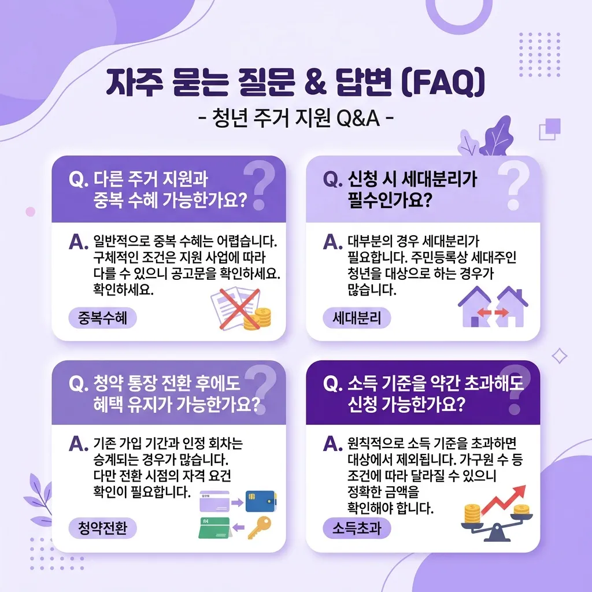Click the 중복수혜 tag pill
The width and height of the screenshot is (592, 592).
[102, 317]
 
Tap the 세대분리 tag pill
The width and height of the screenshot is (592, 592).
[357, 317]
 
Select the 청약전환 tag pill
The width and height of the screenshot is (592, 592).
[102, 527]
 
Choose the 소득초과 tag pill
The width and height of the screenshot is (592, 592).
[357, 527]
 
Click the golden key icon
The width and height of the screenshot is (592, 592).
[258, 527]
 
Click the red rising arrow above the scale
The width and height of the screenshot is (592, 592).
[502, 500]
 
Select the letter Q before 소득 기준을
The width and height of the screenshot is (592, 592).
[331, 387]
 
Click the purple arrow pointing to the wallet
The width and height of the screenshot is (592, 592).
[236, 502]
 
